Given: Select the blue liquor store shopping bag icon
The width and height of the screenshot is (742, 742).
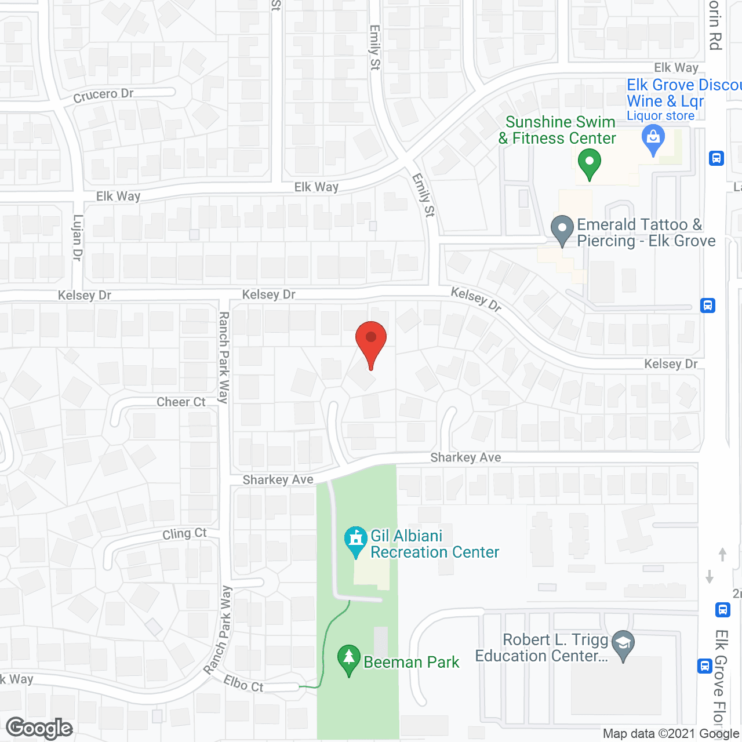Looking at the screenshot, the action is [653, 140].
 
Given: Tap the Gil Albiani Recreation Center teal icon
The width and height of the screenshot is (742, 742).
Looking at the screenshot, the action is [355, 540].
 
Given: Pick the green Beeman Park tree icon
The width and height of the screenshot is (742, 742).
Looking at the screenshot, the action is [348, 659].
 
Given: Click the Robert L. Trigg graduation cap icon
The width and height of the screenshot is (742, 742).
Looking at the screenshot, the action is [623, 644].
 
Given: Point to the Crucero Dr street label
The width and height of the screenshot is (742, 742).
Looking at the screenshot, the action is [103, 95].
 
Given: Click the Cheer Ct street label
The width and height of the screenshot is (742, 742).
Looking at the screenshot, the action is [181, 402].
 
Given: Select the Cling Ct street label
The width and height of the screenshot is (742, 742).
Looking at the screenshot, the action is [184, 533].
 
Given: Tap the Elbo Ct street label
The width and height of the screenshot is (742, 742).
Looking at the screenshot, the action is [243, 684].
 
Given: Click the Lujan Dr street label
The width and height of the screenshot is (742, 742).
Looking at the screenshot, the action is [78, 238].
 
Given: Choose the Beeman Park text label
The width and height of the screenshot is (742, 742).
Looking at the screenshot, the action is [411, 662].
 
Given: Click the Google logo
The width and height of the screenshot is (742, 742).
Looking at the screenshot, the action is [39, 728].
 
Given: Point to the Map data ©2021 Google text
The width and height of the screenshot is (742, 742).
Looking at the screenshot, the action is [671, 734].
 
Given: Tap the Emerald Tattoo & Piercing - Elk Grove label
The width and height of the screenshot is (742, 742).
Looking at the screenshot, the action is [646, 232].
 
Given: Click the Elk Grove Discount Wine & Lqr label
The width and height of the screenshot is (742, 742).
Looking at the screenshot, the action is [678, 93].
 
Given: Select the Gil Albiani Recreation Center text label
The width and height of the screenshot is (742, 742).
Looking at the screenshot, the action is [434, 544].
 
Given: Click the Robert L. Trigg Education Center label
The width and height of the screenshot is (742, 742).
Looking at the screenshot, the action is [542, 648].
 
